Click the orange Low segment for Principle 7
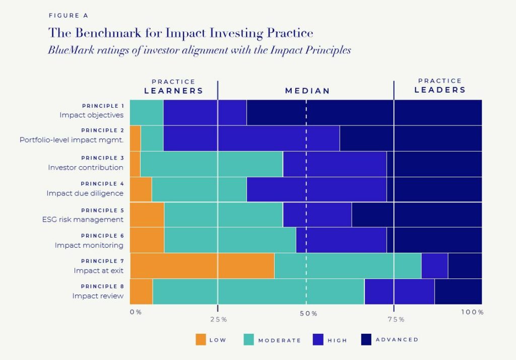pyautogui.click(x=202, y=266)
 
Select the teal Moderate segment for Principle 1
pyautogui.click(x=147, y=112)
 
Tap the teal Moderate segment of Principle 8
pyautogui.click(x=258, y=292)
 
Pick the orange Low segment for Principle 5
pyautogui.click(x=147, y=214)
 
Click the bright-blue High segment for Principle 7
pyautogui.click(x=434, y=266)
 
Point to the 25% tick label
pyautogui.click(x=218, y=319)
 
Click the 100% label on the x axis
pyautogui.click(x=472, y=312)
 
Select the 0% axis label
pyautogui.click(x=136, y=312)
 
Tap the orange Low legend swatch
pyautogui.click(x=201, y=340)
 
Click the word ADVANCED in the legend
pyautogui.click(x=397, y=340)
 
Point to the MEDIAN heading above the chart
pyautogui.click(x=307, y=91)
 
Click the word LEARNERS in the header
pyautogui.click(x=174, y=91)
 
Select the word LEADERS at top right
pyautogui.click(x=440, y=90)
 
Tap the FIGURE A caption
pyautogui.click(x=69, y=16)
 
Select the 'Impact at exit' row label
pyautogui.click(x=98, y=270)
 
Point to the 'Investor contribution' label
pyautogui.click(x=86, y=167)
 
